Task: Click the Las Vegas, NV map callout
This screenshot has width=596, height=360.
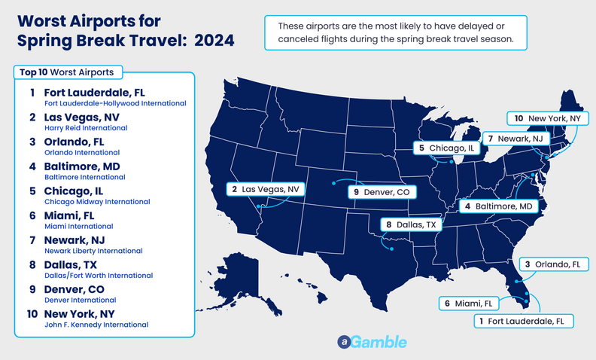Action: (264, 188)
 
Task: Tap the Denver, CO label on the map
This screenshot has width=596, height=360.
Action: (382, 192)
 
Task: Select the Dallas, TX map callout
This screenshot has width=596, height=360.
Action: (411, 224)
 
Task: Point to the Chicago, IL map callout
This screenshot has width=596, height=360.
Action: (447, 148)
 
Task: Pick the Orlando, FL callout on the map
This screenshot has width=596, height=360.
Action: (553, 264)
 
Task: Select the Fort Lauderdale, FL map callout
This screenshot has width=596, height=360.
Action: (525, 322)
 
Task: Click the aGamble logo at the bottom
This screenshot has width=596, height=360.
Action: (372, 342)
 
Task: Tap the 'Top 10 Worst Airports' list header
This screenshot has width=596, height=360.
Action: (67, 72)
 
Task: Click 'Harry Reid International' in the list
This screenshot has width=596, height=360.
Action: (84, 128)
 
